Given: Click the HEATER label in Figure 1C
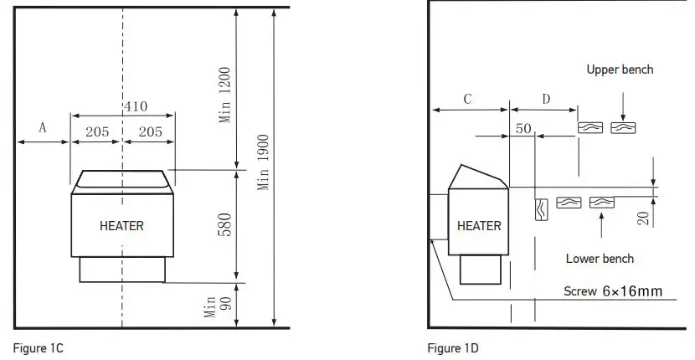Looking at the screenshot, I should coord(121,225).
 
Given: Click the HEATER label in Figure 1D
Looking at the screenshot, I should coord(479,225).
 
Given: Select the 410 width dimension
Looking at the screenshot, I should coord(136,106).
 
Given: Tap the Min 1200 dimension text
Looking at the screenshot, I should coord(225,94).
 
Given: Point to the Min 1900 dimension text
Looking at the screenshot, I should coord(263,162).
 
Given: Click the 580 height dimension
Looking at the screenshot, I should coord(225,224).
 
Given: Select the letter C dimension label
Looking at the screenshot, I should coord(467,99).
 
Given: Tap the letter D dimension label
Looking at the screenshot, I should coord(546,99).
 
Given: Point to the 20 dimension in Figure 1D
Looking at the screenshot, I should coord(643,219).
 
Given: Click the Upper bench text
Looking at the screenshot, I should coord(620,69).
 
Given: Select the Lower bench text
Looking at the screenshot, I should coord(600,259).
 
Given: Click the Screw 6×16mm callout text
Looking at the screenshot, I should coord(614,291).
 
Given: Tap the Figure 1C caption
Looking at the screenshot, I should coord(38,347).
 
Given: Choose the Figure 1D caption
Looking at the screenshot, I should coord(453,347).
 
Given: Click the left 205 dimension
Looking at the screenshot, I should coord(97,131).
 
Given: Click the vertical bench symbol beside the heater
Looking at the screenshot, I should coord(540,208).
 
